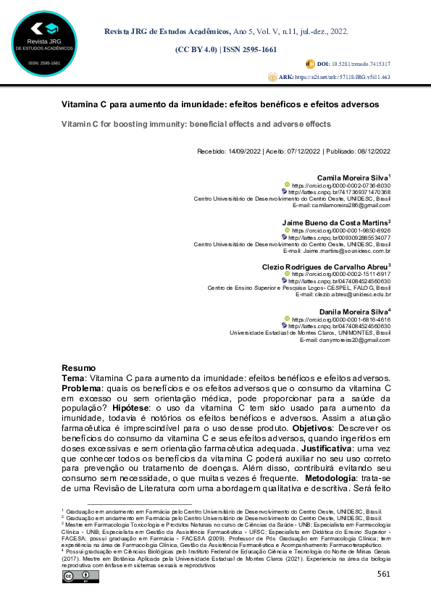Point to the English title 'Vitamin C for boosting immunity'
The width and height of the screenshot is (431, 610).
tap(196, 124)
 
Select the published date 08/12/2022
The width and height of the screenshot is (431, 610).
tap(372, 151)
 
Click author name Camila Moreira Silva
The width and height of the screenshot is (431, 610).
tap(352, 178)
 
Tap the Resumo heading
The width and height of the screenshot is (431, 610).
tap(79, 368)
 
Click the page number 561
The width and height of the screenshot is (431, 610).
tap(383, 575)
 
